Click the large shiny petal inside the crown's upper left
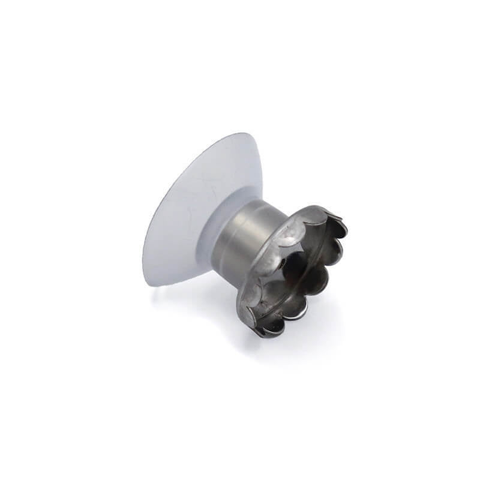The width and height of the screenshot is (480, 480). (x=288, y=237)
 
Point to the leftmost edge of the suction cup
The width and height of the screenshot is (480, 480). (x=143, y=264)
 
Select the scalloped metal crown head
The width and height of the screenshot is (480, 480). (x=294, y=270)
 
